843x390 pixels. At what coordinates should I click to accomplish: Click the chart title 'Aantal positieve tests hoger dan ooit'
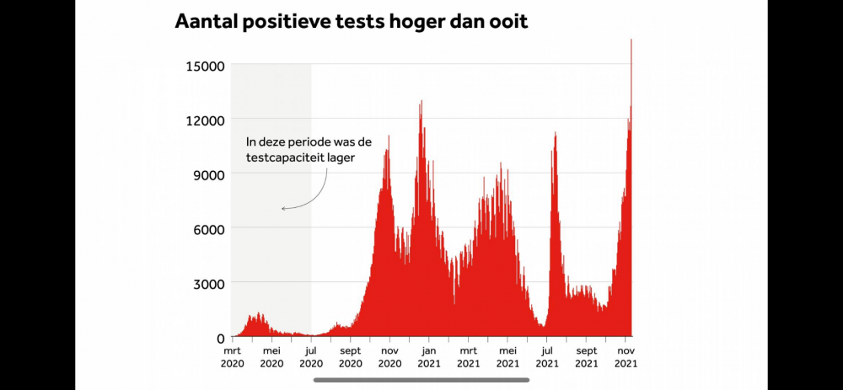351,22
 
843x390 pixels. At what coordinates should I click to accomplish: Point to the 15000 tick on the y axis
205,66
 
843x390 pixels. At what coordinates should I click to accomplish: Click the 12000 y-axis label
205,120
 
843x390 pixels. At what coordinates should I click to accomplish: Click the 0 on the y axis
220,337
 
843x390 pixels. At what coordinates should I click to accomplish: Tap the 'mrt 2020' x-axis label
232,357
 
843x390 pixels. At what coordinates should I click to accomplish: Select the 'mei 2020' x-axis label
271,357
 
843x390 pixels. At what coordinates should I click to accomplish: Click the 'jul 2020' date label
311,357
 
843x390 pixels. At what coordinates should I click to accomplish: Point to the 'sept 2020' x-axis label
351,357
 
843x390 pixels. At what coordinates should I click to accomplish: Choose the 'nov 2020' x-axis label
389,357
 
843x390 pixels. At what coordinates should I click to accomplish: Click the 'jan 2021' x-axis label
428,357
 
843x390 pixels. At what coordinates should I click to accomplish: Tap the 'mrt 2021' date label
468,357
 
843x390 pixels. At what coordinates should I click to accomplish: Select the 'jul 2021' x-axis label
547,357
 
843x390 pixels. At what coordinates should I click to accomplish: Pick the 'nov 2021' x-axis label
626,357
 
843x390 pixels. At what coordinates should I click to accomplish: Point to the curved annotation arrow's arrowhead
283,207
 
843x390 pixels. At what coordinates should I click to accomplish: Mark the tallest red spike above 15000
631,42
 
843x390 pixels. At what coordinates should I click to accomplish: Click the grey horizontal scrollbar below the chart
421,380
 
